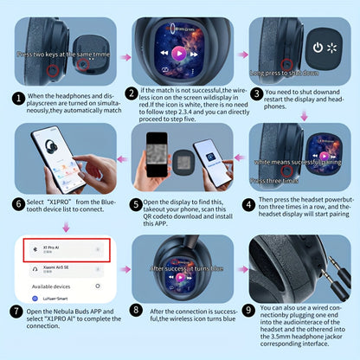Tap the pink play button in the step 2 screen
pos(178,53)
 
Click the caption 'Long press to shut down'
pos(286,74)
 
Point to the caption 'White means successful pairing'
pos(299,161)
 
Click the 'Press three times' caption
pos(275,181)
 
